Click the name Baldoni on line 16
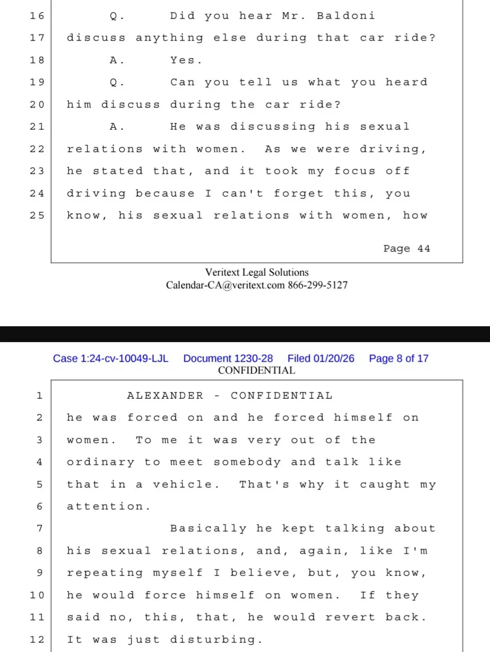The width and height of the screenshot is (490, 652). point(346,16)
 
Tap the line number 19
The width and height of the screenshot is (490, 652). point(37,82)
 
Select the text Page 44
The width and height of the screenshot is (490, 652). point(407,249)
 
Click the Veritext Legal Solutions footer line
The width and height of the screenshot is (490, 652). point(257,273)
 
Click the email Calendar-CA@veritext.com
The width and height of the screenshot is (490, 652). point(225,285)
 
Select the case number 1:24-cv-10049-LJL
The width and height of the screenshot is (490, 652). point(111,359)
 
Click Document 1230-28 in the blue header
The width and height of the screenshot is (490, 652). point(228,359)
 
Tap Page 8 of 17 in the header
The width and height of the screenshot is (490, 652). point(398,359)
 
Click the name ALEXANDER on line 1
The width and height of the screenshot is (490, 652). point(165,396)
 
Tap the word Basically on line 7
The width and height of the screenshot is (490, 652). point(208,528)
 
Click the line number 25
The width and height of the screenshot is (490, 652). point(37,216)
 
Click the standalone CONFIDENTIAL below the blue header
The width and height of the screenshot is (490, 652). point(257,370)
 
